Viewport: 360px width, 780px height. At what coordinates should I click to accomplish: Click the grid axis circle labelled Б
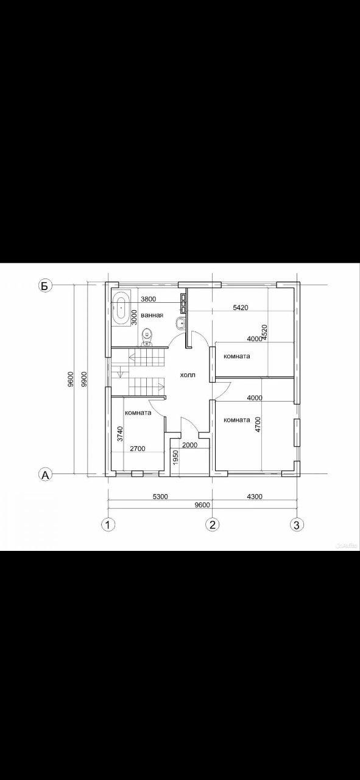[44, 286]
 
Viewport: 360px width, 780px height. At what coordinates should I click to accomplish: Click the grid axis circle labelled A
[44, 474]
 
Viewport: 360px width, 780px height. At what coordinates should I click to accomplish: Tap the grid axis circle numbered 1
[108, 525]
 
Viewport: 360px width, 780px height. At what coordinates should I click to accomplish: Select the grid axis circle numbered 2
[213, 525]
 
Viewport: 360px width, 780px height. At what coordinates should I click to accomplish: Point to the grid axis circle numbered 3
[297, 525]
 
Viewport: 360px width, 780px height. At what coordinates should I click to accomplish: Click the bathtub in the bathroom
[121, 308]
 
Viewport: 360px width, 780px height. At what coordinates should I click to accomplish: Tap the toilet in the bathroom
[147, 338]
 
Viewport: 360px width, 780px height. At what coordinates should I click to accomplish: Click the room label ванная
[152, 315]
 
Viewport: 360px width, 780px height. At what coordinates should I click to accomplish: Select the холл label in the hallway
[188, 375]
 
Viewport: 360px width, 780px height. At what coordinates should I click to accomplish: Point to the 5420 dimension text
[241, 308]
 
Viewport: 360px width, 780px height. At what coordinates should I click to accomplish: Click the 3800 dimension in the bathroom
[149, 299]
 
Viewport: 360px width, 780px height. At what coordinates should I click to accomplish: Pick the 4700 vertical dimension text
[258, 425]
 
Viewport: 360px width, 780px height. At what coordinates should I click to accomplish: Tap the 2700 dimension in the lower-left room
[138, 448]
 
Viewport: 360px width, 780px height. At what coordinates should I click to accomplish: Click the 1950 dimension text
[175, 458]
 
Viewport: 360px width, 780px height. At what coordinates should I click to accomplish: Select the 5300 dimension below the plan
[160, 497]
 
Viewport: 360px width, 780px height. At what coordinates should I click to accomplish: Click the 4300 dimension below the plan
[255, 497]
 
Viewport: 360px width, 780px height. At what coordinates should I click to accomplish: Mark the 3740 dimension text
[120, 434]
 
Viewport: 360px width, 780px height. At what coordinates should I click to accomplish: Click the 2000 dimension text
[190, 445]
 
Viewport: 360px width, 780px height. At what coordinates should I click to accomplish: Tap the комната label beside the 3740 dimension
[138, 413]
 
